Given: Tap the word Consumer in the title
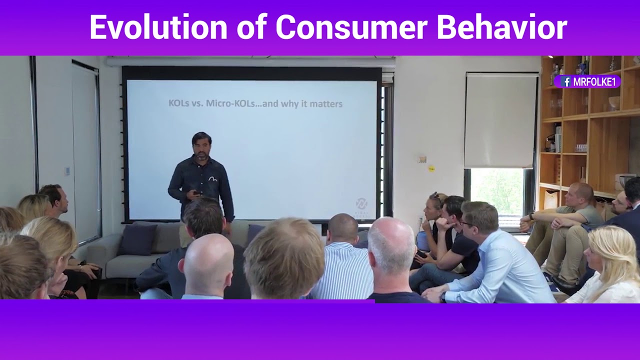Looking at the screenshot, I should coord(350,27).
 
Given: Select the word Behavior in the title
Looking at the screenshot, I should coord(501,27).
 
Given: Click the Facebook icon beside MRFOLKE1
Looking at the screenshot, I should coord(566,82).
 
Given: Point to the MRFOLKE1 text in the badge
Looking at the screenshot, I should coord(594,82).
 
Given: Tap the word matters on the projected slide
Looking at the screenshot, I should coord(324,104).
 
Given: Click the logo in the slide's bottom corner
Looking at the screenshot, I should coord(361,204).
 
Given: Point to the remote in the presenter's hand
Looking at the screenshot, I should coord(197,192).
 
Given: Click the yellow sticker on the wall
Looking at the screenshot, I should coord(431,168).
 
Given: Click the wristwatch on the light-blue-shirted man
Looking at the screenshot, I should coord(442,296).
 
